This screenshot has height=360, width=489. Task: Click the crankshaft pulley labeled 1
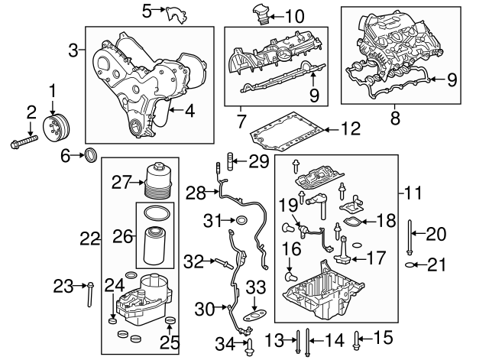pyautogui.click(x=55, y=128)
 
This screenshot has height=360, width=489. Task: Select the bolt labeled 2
pyautogui.click(x=24, y=142)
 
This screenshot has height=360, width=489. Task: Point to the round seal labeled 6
pyautogui.click(x=90, y=157)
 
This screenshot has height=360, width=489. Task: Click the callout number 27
pyautogui.click(x=121, y=183)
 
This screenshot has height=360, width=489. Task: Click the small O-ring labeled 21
pyautogui.click(x=411, y=265)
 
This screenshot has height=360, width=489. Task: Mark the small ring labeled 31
pyautogui.click(x=241, y=222)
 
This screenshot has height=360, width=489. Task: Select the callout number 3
pyautogui.click(x=73, y=51)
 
